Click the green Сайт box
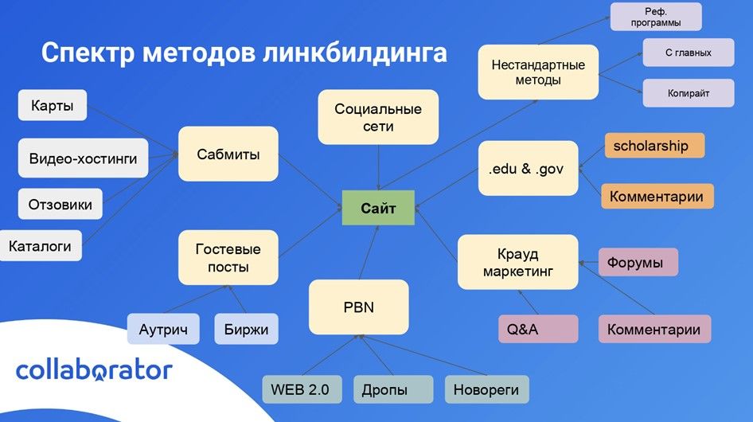point(377,209)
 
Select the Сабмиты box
point(228,154)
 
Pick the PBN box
point(358,307)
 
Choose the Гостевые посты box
point(228,258)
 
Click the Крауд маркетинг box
point(517,263)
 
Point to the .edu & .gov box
point(527,168)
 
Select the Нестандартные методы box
point(537,72)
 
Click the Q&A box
point(538,329)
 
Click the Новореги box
point(486,390)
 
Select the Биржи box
point(246,329)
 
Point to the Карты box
point(52,105)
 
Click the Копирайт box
point(688,92)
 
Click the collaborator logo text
point(94,369)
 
